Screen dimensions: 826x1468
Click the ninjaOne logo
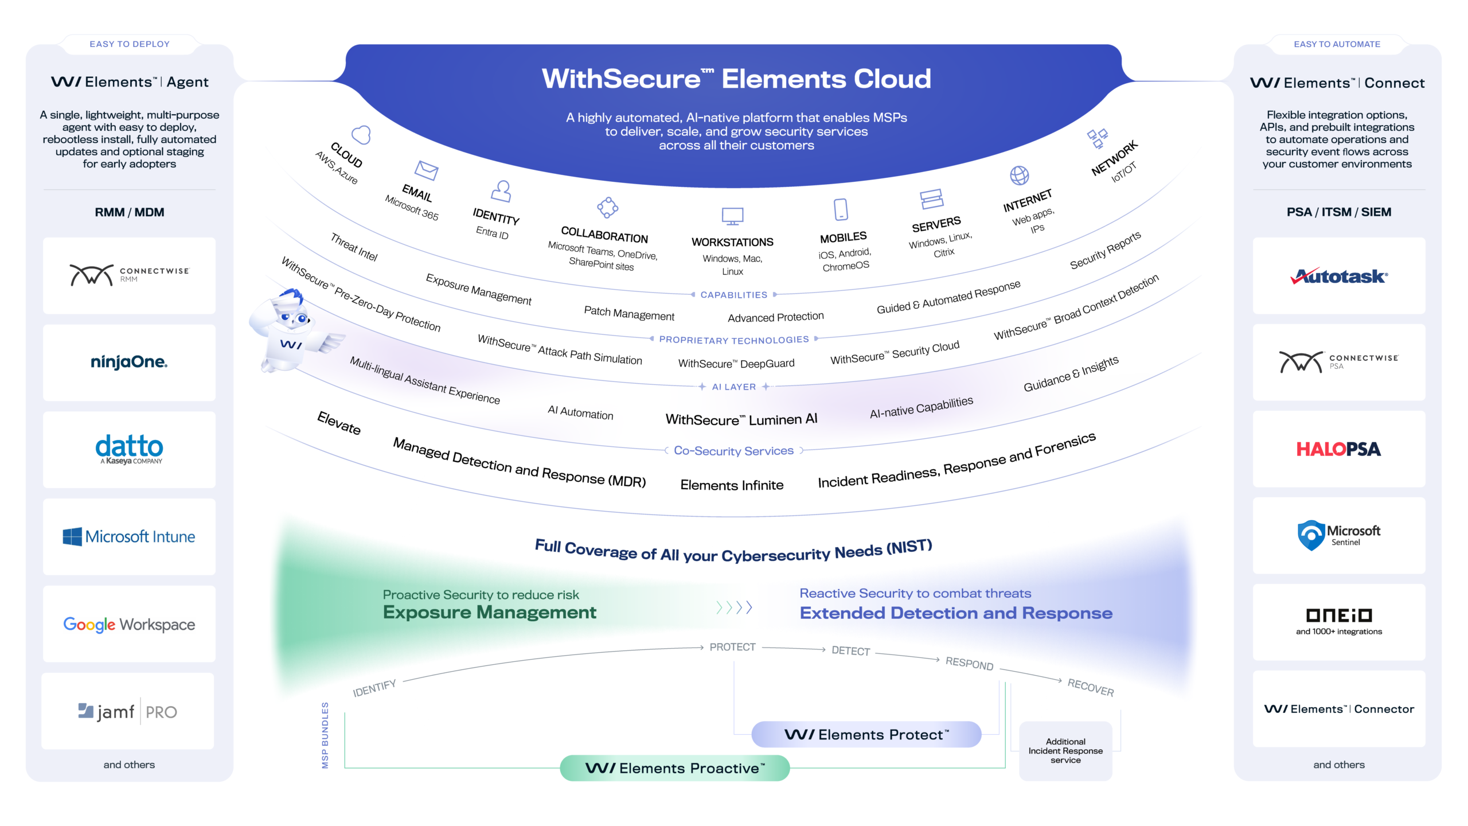[x=129, y=362]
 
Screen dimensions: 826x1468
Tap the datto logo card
[x=129, y=449]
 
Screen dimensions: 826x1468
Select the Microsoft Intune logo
[x=129, y=537]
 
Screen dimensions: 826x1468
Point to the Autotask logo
[x=1338, y=276]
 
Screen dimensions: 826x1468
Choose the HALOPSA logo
[x=1338, y=449]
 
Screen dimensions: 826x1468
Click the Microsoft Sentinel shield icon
[x=1311, y=535]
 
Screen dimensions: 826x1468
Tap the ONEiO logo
[x=1338, y=615]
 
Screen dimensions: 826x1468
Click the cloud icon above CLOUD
[x=361, y=135]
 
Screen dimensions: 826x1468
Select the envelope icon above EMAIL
[x=426, y=170]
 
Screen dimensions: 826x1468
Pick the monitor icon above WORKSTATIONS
[x=732, y=216]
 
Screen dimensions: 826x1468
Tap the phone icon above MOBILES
[x=841, y=209]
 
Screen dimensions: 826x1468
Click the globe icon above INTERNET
[x=1019, y=176]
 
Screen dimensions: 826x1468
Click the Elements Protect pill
[x=866, y=735]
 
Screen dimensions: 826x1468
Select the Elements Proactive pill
[x=674, y=768]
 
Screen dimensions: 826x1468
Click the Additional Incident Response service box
[x=1065, y=751]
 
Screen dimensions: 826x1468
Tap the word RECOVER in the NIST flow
[x=1090, y=687]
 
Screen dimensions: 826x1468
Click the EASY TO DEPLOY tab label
[x=130, y=44]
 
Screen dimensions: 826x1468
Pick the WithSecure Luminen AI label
[x=741, y=420]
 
